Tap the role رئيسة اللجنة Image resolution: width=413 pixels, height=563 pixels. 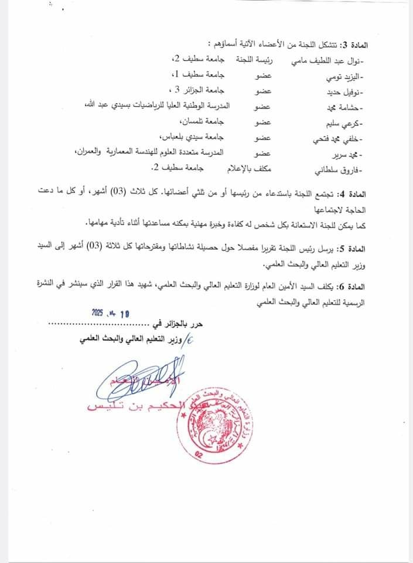254,60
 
